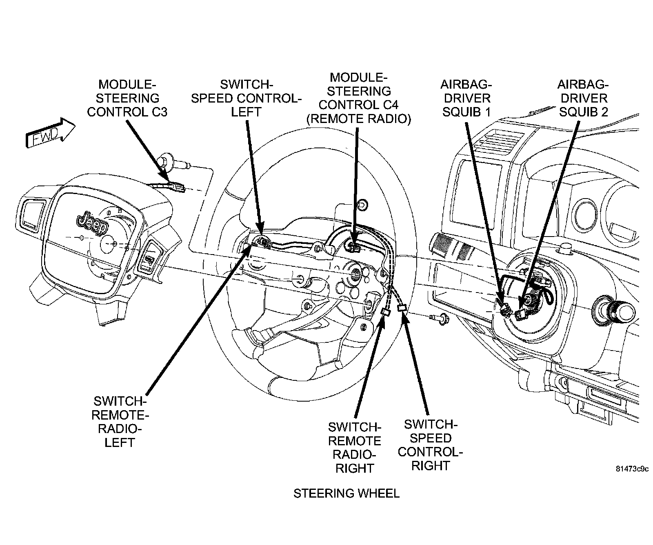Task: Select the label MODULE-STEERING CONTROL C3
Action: [x=127, y=98]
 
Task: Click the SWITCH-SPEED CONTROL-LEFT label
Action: [x=246, y=98]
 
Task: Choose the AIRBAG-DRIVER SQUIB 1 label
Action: [x=466, y=98]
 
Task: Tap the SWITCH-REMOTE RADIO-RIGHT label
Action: [x=354, y=447]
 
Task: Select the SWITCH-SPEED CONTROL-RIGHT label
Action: [x=430, y=445]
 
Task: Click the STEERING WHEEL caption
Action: [x=346, y=494]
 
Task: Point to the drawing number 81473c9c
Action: [x=632, y=469]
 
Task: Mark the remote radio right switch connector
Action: [x=385, y=312]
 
